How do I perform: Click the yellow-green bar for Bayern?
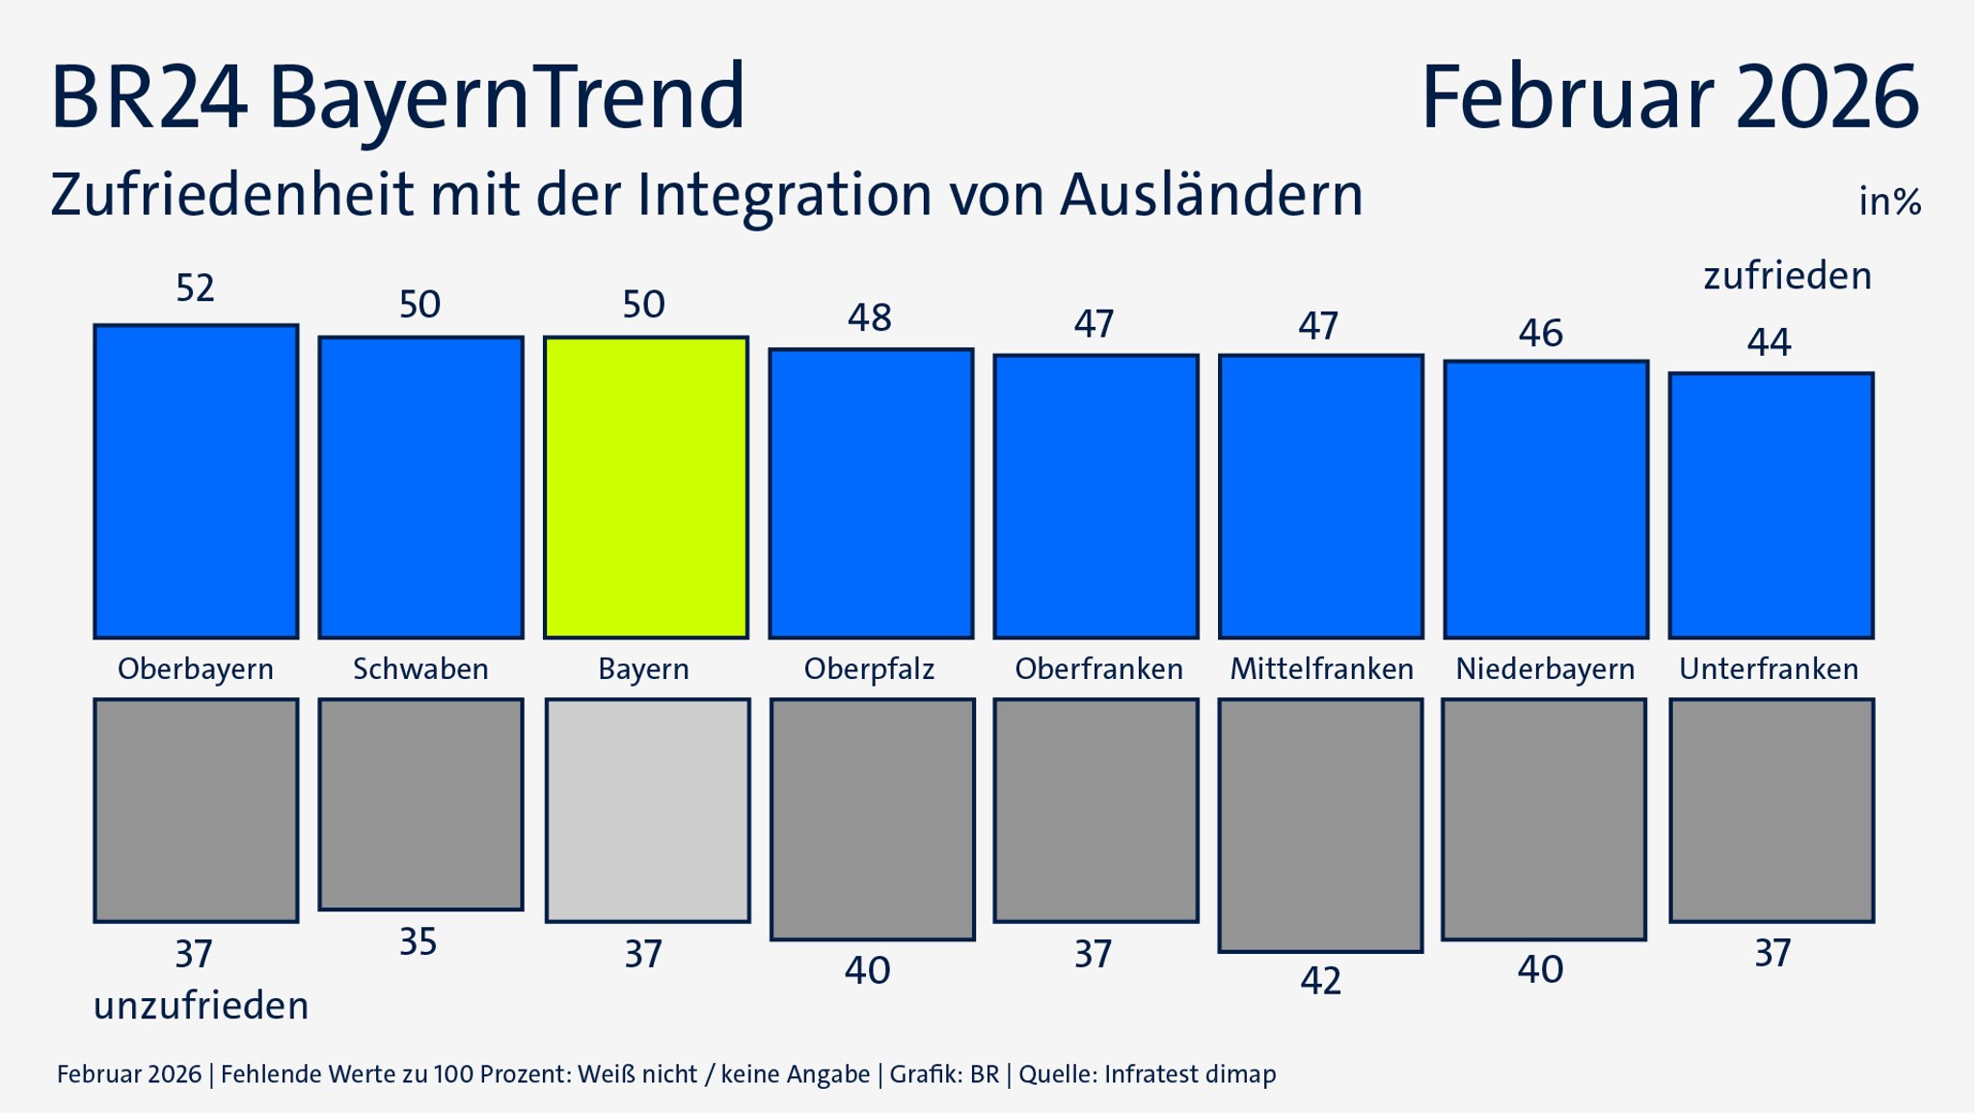pos(645,487)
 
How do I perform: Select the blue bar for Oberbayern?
pos(196,481)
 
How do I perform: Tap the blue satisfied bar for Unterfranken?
pos(1771,505)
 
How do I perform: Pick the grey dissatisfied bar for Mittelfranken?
pos(1320,826)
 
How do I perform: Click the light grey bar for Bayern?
pos(647,810)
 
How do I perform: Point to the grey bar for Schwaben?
pos(420,804)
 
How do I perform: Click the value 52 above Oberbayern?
pos(195,288)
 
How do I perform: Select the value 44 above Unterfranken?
pos(1769,342)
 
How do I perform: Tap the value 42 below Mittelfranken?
pos(1320,981)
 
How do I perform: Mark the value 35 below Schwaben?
pos(419,942)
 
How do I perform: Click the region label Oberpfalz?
pos(869,668)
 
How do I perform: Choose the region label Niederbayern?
pos(1545,668)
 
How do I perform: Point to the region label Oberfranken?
pos(1098,668)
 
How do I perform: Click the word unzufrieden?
pos(201,1006)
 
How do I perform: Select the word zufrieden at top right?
pos(1787,276)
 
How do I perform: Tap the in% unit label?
pos(1889,202)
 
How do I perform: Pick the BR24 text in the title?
pos(148,96)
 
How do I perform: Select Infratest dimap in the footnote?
pos(1190,1074)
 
